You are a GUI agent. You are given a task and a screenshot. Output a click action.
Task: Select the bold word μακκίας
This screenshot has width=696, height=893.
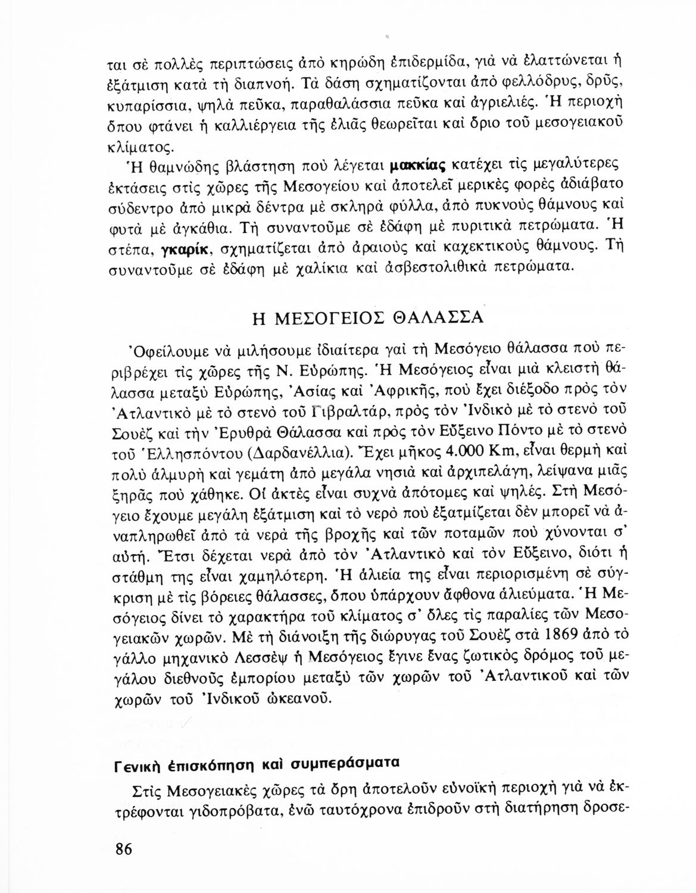pyautogui.click(x=419, y=164)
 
